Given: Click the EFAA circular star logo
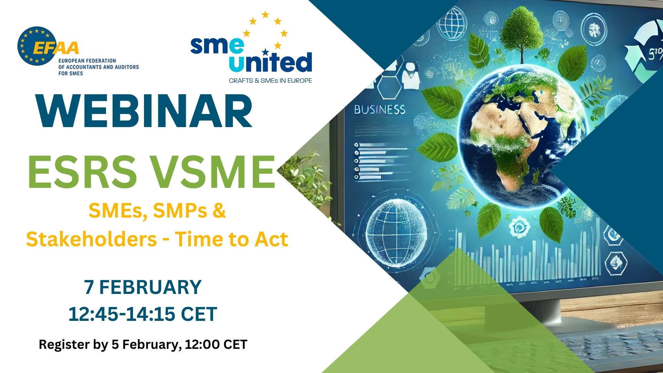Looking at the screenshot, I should point(36,46).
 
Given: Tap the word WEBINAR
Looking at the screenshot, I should point(145,112).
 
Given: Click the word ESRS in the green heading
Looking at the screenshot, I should point(83,172).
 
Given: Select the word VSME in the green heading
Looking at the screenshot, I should point(214,172).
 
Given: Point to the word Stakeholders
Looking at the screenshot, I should point(92,239).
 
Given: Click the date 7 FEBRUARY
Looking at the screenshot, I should point(143,287).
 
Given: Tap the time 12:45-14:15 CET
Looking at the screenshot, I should point(143,314).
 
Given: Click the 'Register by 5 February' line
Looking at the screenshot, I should point(143,344).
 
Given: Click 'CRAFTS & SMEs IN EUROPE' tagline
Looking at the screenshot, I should point(270,80).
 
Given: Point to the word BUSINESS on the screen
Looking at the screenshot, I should point(379,110).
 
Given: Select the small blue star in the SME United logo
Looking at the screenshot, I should point(265,52).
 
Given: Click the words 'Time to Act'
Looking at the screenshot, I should point(231,239).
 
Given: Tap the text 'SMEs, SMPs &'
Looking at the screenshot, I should point(157,210).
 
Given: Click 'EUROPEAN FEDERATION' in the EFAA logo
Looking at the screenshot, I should point(87,61).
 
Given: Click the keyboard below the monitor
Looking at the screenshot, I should point(608,345).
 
